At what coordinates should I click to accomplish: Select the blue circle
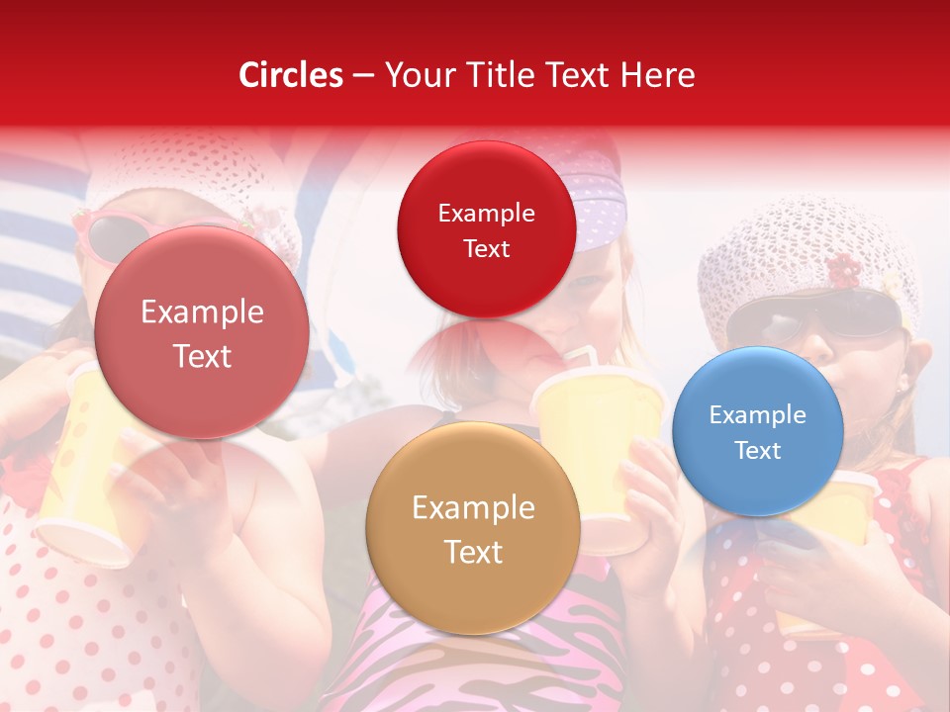(x=757, y=431)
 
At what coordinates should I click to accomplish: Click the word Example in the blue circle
(x=757, y=414)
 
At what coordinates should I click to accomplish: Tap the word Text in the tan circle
(x=473, y=552)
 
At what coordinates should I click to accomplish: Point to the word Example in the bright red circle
(x=486, y=213)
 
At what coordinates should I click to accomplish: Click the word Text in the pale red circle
(x=202, y=356)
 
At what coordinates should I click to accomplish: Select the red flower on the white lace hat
(x=843, y=268)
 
